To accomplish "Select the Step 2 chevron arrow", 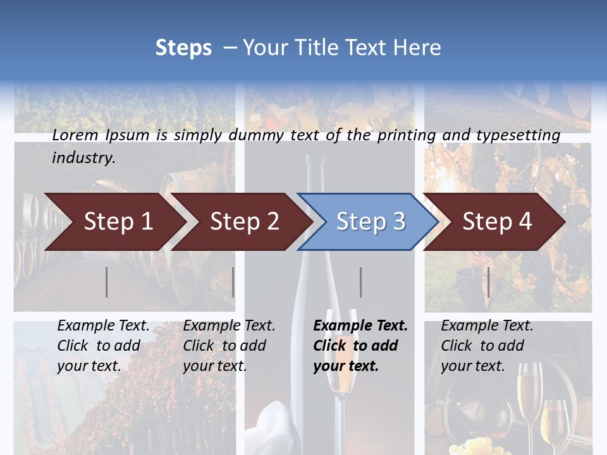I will (x=244, y=222).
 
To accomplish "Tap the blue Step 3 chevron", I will (x=371, y=222).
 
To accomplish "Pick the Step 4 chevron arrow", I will (x=497, y=222).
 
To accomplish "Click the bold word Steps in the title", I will (x=183, y=48).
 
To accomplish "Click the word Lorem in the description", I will (x=75, y=135).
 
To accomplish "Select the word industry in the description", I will (x=83, y=158).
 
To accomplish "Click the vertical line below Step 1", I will (x=107, y=282).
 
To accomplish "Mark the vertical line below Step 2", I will (x=233, y=282).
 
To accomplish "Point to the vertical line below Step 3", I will (x=361, y=282).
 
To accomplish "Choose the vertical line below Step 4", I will (x=488, y=282).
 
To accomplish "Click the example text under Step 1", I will (x=103, y=346).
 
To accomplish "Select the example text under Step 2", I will (x=229, y=346).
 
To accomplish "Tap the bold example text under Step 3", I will (x=360, y=346).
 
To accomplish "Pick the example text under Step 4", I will (x=487, y=346).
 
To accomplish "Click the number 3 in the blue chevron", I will (x=398, y=222).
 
